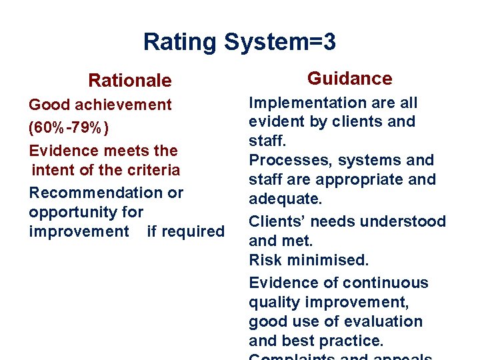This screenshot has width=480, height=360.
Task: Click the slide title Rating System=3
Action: [239, 43]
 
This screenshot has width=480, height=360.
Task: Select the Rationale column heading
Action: [130, 81]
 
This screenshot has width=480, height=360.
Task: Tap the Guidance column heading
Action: [349, 79]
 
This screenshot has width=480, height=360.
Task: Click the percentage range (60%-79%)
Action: [69, 127]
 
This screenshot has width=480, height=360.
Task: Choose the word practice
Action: [353, 341]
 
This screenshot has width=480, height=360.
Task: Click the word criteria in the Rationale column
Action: [155, 170]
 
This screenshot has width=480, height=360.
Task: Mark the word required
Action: [185, 231]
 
